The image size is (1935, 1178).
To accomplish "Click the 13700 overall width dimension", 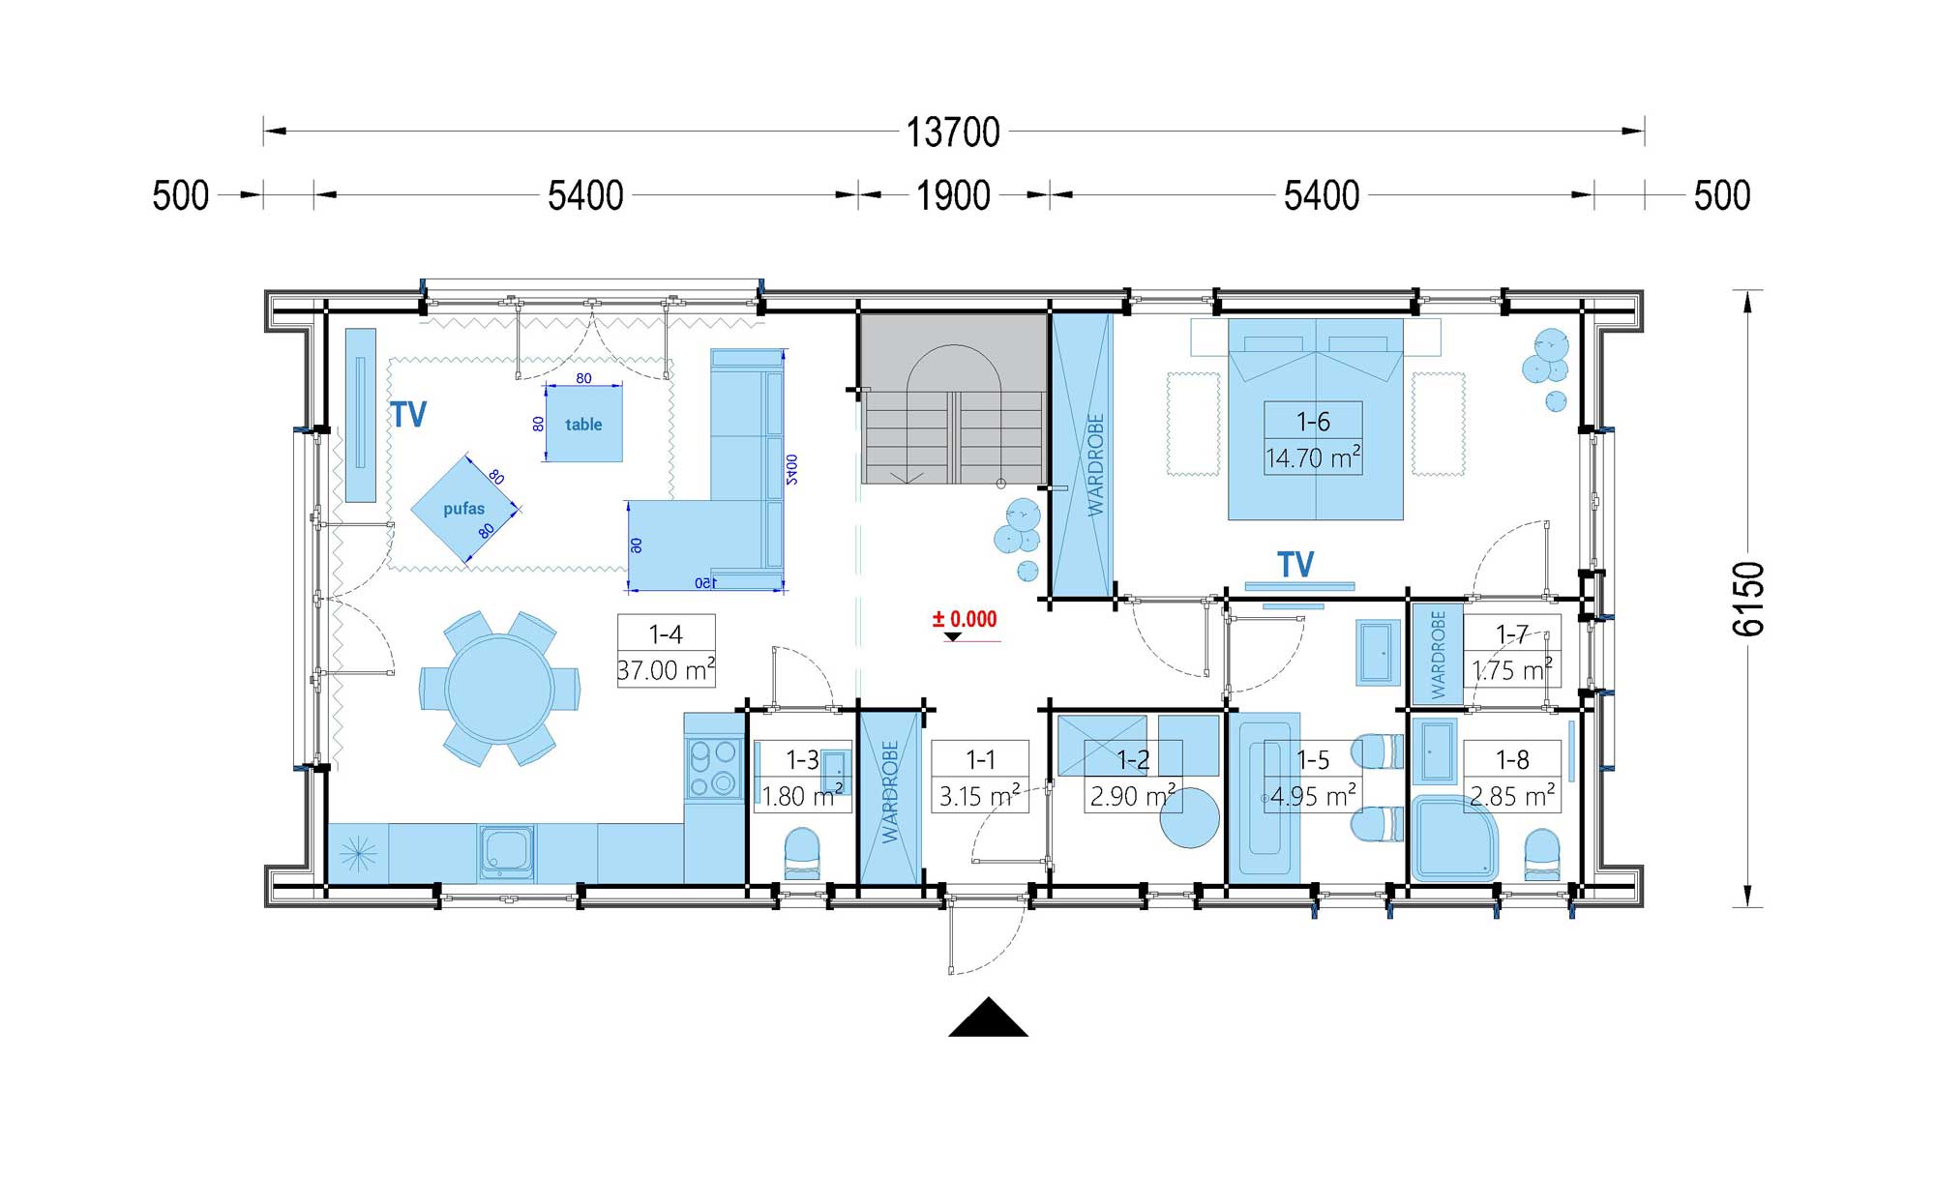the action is coord(953,133).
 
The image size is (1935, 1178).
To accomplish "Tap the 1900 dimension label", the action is coord(953,195).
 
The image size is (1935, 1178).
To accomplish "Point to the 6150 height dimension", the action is coord(1747,599).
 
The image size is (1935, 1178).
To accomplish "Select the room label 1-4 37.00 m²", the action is coord(667,651).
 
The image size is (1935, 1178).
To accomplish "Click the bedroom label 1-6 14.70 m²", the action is coord(1314,438).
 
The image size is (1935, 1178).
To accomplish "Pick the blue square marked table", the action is coord(583,424).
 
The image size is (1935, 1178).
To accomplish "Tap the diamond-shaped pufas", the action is coord(465,509).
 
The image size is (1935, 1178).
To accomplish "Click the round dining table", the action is coord(499,689).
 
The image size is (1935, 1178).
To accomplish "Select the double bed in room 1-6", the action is coord(1316,419).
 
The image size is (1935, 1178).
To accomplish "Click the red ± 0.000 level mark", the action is coord(965,620).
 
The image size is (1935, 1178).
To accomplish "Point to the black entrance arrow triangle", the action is coord(988,1016).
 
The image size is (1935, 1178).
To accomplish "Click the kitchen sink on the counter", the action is coord(506,853).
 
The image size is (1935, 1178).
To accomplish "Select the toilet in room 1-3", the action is coord(801,854).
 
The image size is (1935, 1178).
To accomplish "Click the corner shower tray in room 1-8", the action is coord(1454,839).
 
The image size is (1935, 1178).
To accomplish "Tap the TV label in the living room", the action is coord(408,415).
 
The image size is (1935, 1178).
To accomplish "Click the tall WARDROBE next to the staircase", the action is coord(1082,455).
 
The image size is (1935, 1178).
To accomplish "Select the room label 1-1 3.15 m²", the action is coord(980,777).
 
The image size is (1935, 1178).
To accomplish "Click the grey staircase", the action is coord(954,398).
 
